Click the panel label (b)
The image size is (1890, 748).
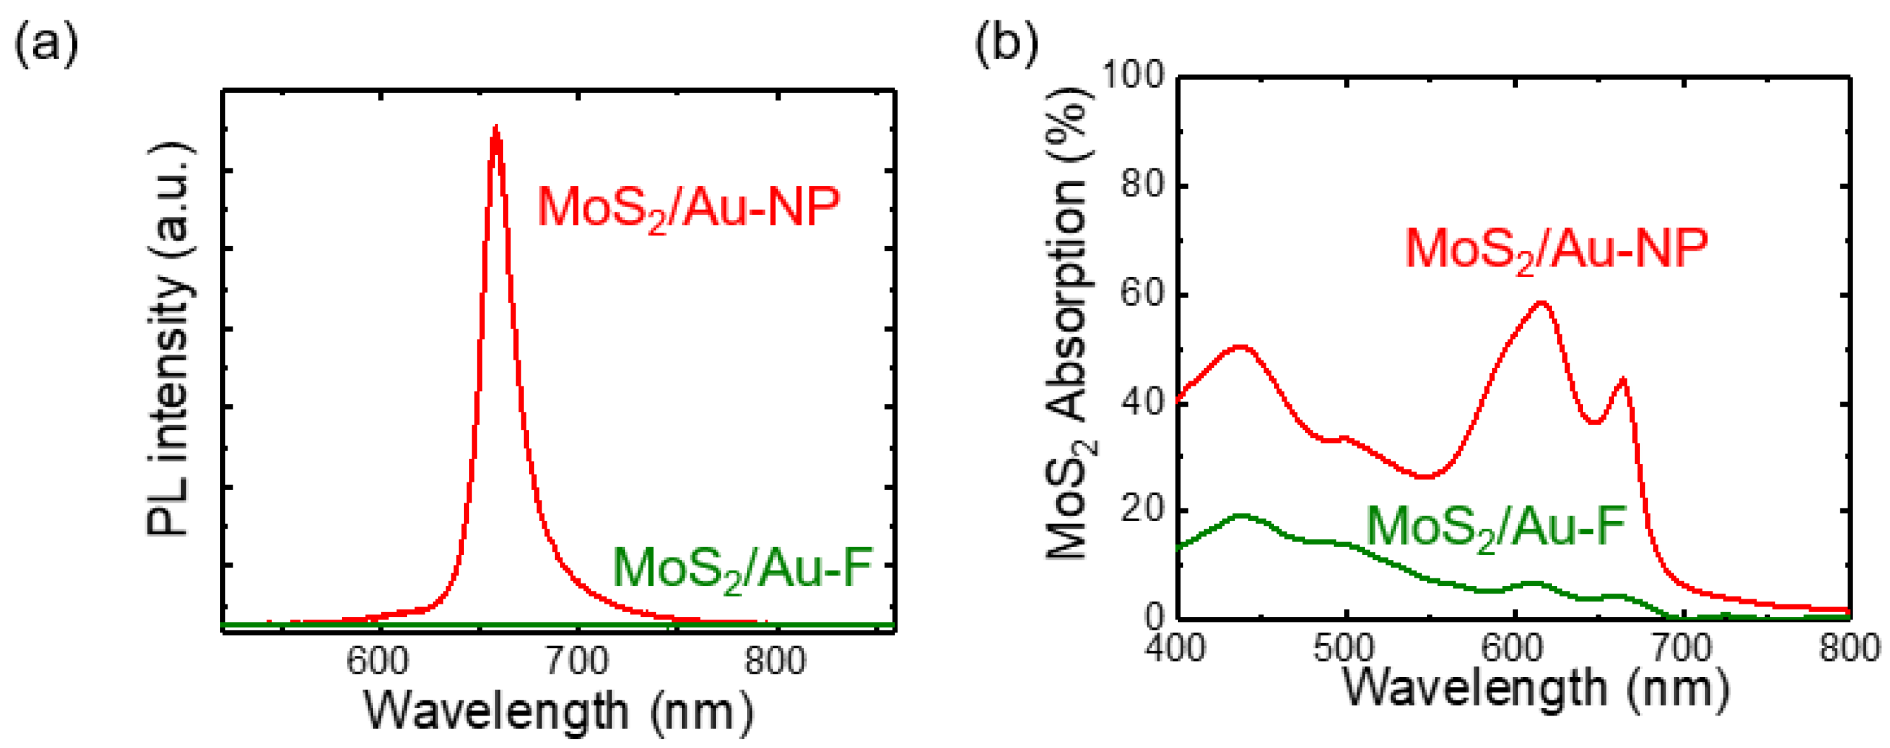point(1006,43)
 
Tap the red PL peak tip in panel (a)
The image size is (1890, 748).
point(496,129)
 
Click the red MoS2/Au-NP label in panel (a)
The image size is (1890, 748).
point(688,208)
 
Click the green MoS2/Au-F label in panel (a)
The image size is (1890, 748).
point(742,569)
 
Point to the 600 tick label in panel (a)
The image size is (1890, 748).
point(377,662)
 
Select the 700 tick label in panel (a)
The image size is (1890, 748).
point(577,662)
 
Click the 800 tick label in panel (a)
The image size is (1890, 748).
point(775,662)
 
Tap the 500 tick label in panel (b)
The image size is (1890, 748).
point(1344,648)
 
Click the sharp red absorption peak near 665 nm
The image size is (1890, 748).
point(1624,380)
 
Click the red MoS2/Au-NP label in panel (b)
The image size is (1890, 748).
point(1556,250)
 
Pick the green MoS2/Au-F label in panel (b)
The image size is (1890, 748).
point(1496,528)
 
